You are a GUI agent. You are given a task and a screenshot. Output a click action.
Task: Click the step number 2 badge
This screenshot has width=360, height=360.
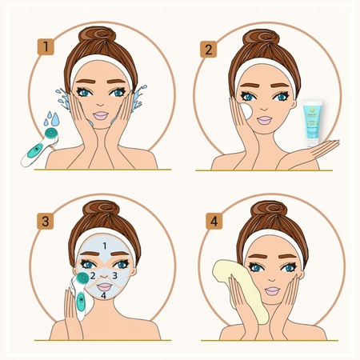[209, 49]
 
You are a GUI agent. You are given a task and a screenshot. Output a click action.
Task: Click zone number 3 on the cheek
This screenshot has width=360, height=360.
[115, 276]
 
